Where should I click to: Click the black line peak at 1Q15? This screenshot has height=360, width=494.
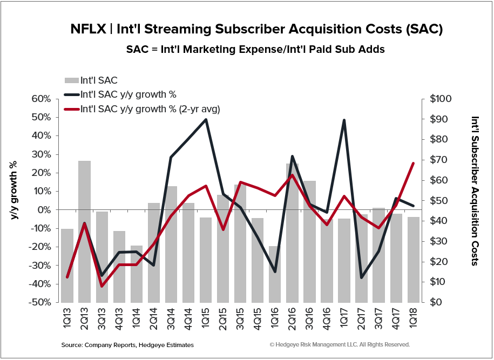pyautogui.click(x=206, y=119)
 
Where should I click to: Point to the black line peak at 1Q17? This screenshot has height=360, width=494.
pyautogui.click(x=344, y=120)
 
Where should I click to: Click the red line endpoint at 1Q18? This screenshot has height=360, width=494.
pyautogui.click(x=413, y=163)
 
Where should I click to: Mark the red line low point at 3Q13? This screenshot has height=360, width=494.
pyautogui.click(x=102, y=286)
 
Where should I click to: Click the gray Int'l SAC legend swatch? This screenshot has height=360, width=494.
pyautogui.click(x=71, y=81)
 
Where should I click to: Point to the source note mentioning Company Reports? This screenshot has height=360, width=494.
pyautogui.click(x=127, y=344)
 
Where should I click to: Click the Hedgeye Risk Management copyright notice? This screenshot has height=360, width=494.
pyautogui.click(x=339, y=344)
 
